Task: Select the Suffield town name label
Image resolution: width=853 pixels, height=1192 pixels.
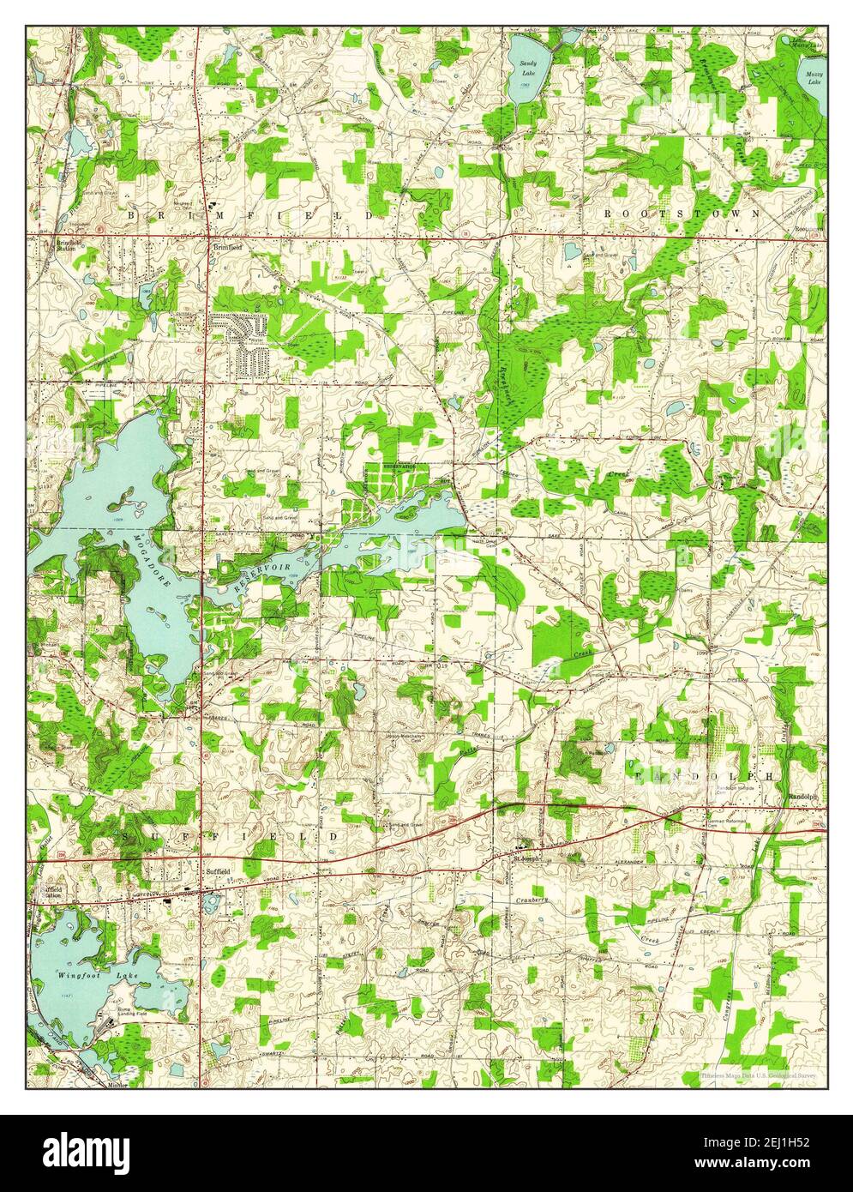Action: [x=218, y=871]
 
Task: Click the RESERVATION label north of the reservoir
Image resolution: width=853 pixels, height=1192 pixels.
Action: [x=399, y=467]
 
